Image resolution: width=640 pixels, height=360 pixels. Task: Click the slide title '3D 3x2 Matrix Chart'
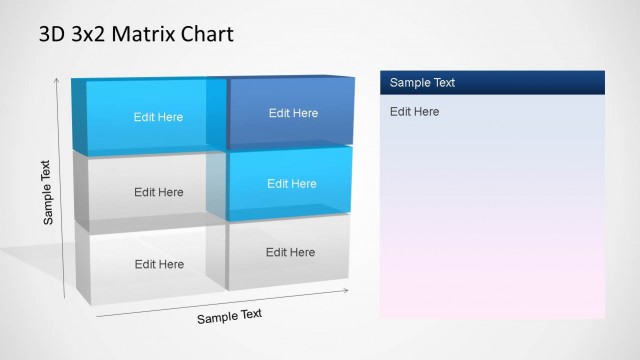136,35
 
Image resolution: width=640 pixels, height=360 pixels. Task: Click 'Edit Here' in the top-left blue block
159,117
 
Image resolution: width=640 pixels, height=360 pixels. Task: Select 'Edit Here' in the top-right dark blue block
293,113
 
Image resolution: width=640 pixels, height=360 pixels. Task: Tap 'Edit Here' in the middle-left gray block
159,192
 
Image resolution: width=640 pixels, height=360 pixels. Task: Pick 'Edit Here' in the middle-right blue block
292,183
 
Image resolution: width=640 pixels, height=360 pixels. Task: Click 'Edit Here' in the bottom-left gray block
159,264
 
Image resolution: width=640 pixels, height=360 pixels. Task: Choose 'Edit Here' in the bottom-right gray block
291,252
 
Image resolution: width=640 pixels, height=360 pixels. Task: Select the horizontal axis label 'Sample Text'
229,316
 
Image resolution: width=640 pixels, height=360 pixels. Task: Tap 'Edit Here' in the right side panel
414,111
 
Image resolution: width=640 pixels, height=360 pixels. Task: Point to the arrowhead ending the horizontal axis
346,291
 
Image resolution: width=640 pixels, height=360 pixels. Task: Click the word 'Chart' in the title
206,35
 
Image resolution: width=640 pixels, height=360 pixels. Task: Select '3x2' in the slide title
88,35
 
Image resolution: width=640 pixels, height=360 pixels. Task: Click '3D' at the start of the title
52,35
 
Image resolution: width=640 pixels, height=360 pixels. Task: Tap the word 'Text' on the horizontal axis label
249,314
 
